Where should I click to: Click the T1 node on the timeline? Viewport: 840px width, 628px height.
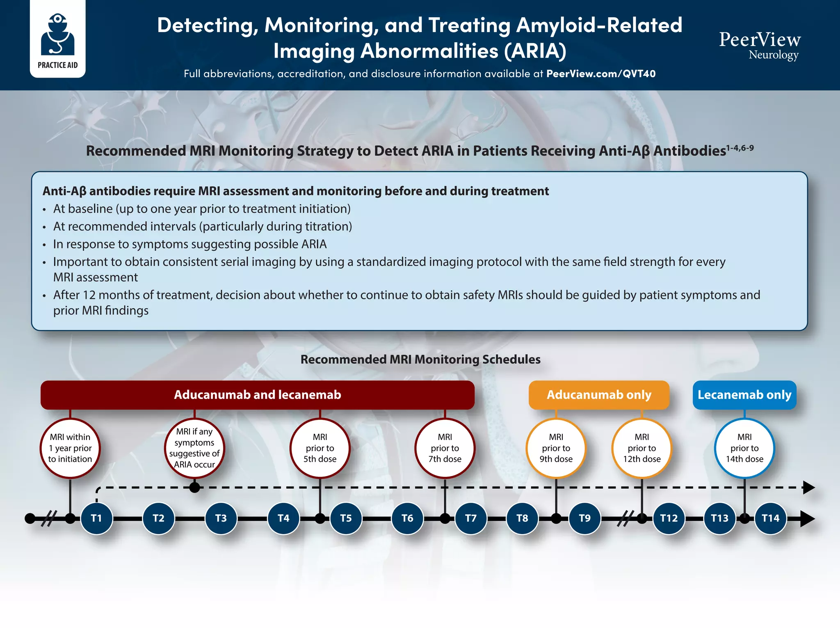96,518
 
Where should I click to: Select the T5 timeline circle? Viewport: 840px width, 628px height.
346,518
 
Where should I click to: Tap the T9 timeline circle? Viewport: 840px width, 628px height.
585,518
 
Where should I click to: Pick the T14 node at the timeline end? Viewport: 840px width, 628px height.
771,518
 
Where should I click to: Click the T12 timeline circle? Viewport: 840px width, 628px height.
669,518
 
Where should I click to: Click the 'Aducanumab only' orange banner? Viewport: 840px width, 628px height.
599,395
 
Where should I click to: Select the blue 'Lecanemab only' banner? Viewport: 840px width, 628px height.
744,395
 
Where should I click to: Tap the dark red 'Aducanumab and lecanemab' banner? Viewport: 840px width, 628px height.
258,395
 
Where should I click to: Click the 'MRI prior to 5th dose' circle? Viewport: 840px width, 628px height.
320,448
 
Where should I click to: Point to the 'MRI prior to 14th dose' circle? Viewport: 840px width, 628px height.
744,448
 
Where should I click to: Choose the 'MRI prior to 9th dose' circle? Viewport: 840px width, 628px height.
556,448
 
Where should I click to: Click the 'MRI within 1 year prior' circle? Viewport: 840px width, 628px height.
70,448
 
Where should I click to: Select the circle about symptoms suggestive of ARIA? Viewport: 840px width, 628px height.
194,448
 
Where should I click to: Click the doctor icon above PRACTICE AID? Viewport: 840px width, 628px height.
58,34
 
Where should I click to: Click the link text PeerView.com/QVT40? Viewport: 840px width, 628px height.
601,74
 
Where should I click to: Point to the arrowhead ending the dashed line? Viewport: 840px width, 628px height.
808,488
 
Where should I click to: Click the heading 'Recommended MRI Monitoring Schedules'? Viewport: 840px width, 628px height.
420,360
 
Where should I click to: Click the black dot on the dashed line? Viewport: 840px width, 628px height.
195,488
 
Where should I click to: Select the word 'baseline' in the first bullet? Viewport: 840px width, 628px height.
90,209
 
